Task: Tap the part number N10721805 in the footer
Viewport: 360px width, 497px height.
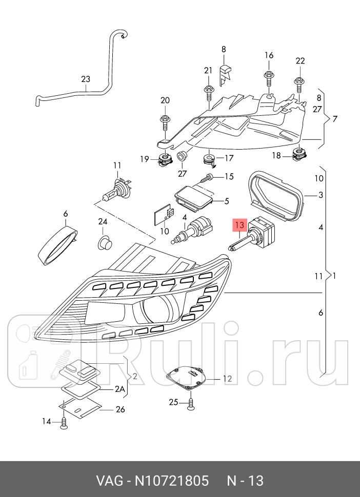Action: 171,481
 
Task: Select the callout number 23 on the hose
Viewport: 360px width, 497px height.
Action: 85,79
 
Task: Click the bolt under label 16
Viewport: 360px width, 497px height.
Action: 269,78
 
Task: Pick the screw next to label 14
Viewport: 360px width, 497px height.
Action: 64,422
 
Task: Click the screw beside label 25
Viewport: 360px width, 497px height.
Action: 191,403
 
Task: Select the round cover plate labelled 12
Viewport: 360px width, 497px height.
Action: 189,379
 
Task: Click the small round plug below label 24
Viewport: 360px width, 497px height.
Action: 105,241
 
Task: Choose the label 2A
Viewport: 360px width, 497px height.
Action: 119,389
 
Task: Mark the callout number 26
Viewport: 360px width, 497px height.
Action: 120,409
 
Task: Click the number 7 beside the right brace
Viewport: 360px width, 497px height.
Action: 334,119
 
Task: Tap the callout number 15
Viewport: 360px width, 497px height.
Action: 229,177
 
